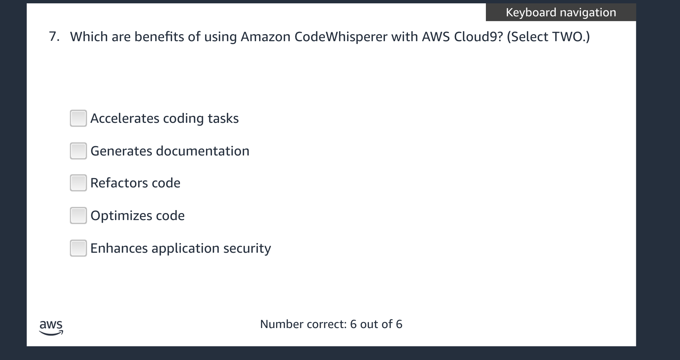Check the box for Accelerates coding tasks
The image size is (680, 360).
click(x=78, y=118)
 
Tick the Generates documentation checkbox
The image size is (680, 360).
click(x=78, y=151)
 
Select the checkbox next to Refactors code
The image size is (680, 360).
click(x=78, y=183)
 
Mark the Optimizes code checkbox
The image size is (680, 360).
click(x=78, y=216)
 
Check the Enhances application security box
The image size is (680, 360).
click(x=78, y=248)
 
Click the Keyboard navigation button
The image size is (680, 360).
click(x=560, y=13)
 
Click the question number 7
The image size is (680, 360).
click(x=54, y=37)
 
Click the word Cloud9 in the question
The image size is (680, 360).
click(x=478, y=37)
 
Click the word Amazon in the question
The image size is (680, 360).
click(x=265, y=37)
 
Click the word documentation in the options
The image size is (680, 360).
click(x=203, y=151)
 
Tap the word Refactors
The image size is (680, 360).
click(x=119, y=183)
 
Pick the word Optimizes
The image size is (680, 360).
click(x=121, y=216)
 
